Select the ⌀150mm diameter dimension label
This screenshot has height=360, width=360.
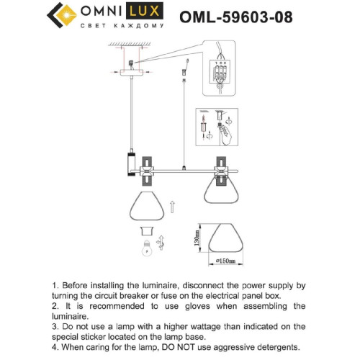(228, 260)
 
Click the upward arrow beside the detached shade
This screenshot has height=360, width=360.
(172, 208)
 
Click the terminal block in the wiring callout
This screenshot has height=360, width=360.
(220, 74)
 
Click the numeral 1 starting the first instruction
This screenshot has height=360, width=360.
(55, 286)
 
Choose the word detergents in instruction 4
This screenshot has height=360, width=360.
(271, 347)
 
